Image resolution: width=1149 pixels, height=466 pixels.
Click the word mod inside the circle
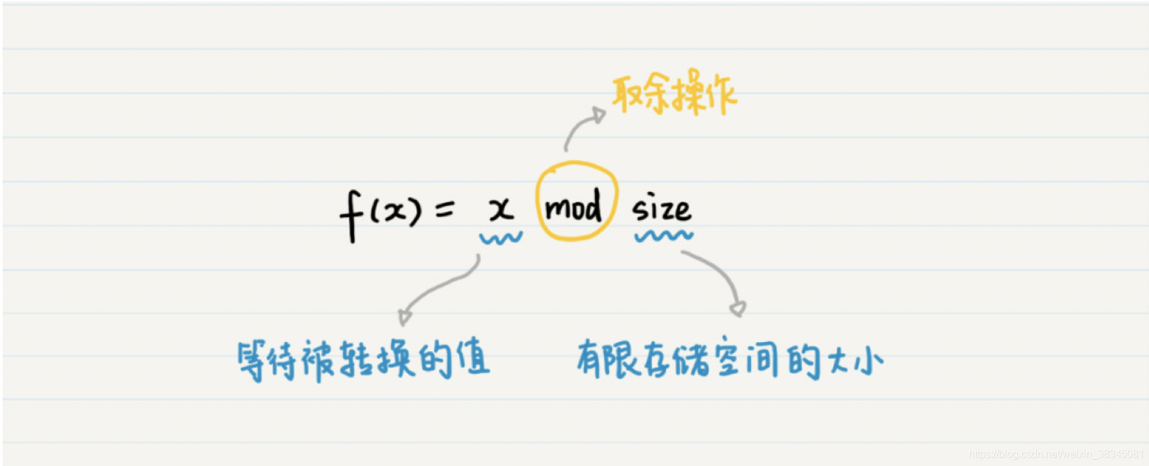point(573,207)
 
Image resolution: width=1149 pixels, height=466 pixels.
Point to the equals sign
point(444,209)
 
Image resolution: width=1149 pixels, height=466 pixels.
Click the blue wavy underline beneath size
point(663,236)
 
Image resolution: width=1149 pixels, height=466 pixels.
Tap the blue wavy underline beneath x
point(501,238)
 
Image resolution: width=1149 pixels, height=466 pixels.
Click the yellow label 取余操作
point(674,94)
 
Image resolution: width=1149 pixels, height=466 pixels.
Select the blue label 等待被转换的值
point(363,360)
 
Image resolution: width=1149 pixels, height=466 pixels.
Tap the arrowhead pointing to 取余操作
point(600,115)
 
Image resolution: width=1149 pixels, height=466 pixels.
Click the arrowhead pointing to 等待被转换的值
point(404,316)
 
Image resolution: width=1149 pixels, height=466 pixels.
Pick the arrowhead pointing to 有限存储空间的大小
point(738,309)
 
